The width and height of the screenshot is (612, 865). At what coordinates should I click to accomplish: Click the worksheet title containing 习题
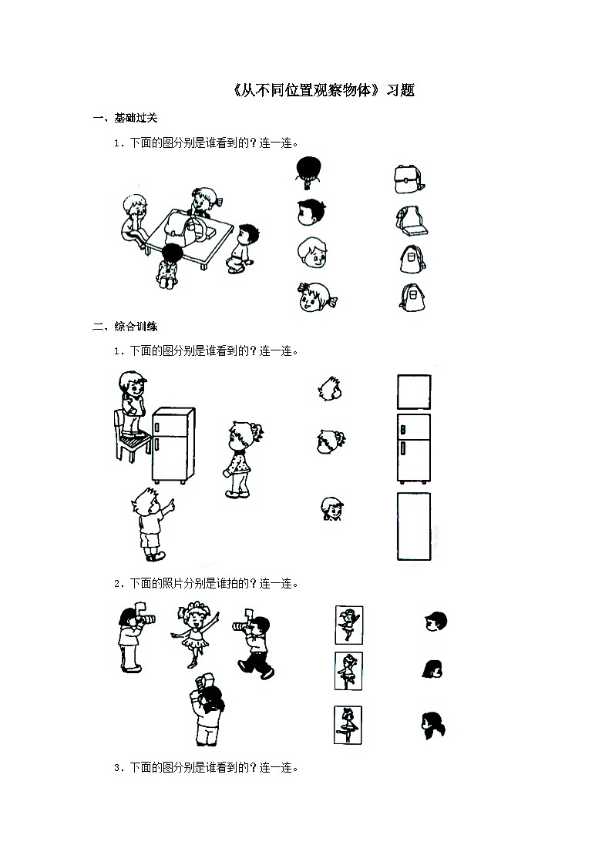(x=323, y=90)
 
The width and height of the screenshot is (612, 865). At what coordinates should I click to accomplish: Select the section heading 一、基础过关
(x=125, y=118)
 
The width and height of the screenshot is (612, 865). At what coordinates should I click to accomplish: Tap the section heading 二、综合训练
(x=125, y=327)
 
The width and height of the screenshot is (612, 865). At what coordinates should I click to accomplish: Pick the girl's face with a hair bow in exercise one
(x=312, y=297)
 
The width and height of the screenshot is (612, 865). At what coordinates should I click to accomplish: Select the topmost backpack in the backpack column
(x=409, y=179)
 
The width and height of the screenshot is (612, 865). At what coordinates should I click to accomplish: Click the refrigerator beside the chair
(x=173, y=444)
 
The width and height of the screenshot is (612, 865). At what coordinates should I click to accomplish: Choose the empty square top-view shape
(x=413, y=391)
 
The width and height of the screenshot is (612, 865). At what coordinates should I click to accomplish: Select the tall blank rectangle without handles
(x=413, y=526)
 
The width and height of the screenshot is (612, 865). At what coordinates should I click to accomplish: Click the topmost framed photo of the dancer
(x=349, y=624)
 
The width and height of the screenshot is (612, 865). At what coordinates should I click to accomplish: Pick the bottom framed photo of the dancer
(x=348, y=725)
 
